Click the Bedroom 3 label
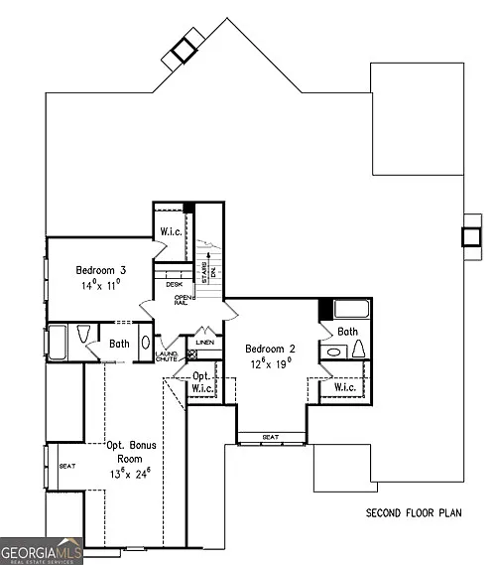point(99,269)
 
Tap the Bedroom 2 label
point(272,349)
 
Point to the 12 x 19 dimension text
point(272,364)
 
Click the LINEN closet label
point(205,343)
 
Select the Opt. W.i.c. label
point(201,382)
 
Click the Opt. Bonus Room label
point(132,452)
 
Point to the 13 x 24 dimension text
point(130,473)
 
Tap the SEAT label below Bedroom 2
point(270,437)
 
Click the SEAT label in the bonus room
point(67,466)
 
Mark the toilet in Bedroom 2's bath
point(358,349)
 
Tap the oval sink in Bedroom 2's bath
point(334,351)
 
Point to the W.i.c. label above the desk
point(169,233)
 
